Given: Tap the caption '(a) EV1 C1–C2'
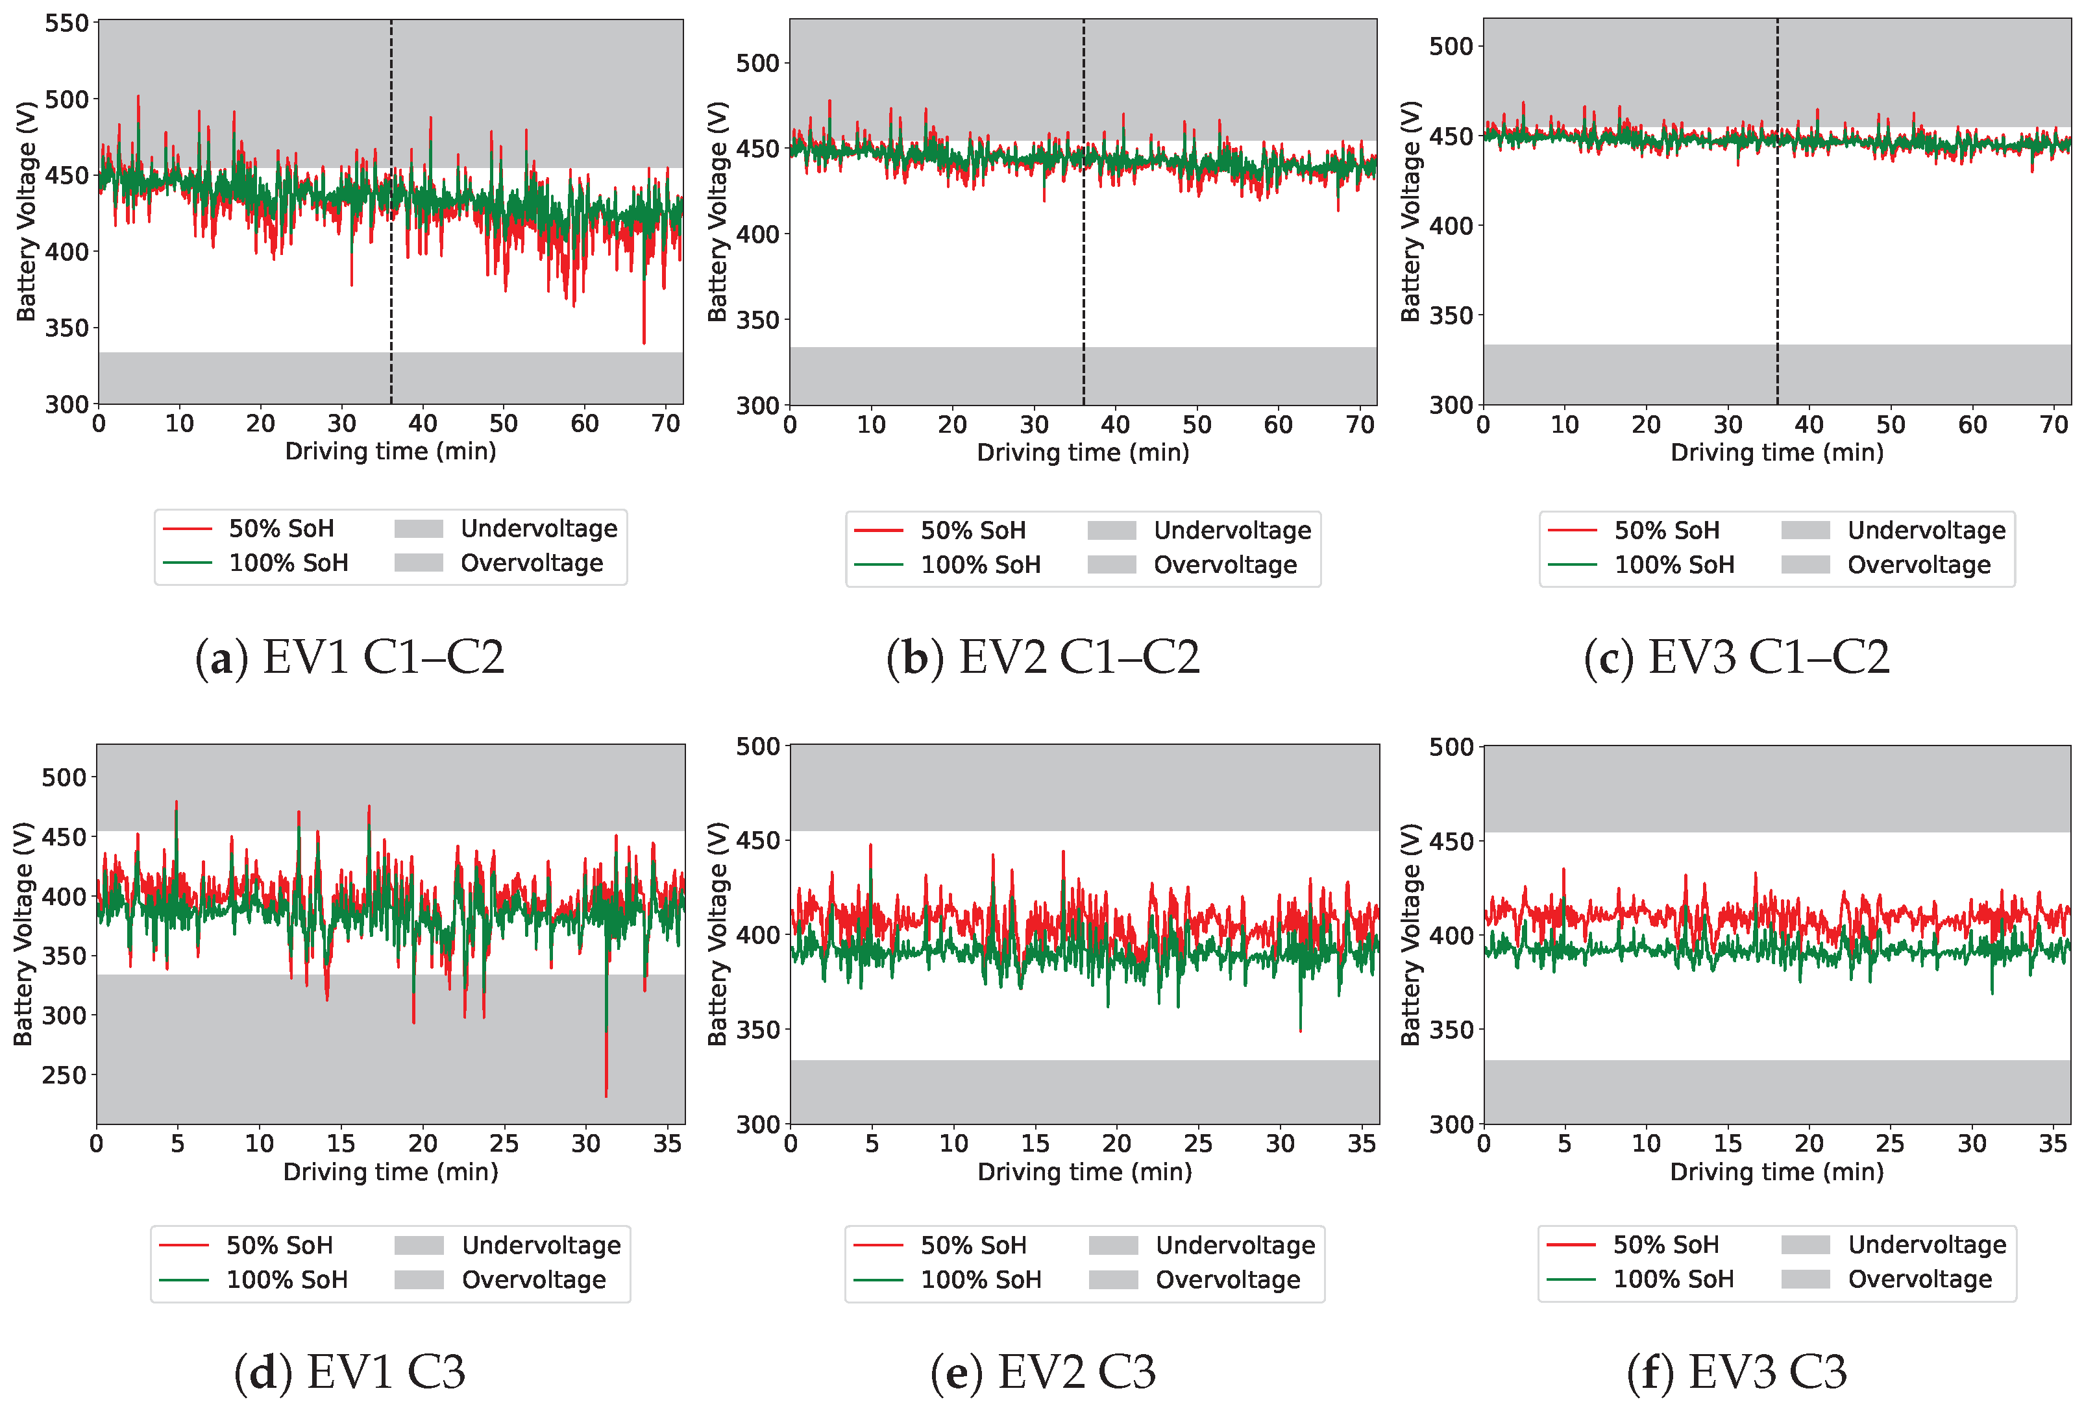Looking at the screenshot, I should tap(350, 657).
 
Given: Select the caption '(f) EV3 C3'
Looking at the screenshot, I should tap(1737, 1372).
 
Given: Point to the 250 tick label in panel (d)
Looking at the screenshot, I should tap(64, 1075).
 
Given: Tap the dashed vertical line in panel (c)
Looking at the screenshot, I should tap(1777, 224).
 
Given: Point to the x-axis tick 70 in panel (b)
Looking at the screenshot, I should tap(1360, 425).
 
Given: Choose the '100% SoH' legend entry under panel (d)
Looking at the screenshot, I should tap(286, 1279).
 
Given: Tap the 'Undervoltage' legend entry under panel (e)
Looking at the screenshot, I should tap(1235, 1246).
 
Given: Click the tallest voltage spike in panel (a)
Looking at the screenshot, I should tap(138, 97).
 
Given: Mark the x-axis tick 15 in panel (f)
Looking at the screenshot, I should tap(1727, 1143).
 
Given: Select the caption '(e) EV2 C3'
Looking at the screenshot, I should tap(1043, 1372).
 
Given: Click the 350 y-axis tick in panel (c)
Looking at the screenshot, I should tap(1451, 315).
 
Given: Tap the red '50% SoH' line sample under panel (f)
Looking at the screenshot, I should tap(1571, 1244).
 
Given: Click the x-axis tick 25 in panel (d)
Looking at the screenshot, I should tap(504, 1143).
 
